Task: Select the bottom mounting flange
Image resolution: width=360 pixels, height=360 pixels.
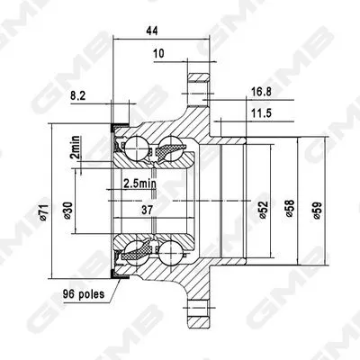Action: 197,310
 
